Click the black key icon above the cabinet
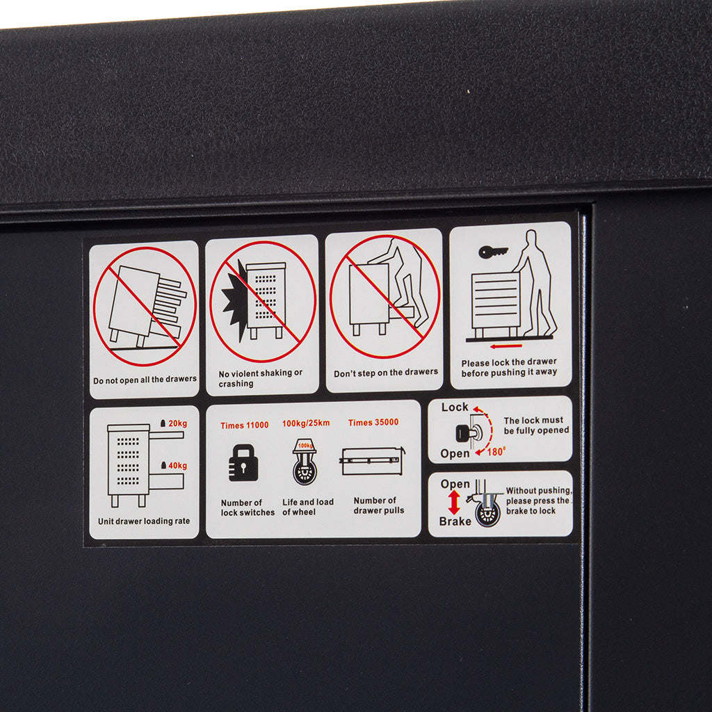point(493,252)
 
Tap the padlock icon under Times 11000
point(243,462)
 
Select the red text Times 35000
point(373,422)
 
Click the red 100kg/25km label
point(306,423)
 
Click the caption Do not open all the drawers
point(145,380)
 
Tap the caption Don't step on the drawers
point(386,373)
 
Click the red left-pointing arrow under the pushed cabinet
point(506,346)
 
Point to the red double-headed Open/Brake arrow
point(454,502)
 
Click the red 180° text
point(496,452)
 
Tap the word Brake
point(455,521)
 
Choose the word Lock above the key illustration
point(455,407)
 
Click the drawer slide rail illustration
point(373,461)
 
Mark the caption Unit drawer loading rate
point(144,521)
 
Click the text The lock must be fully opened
point(536,426)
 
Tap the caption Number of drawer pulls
point(379,505)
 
